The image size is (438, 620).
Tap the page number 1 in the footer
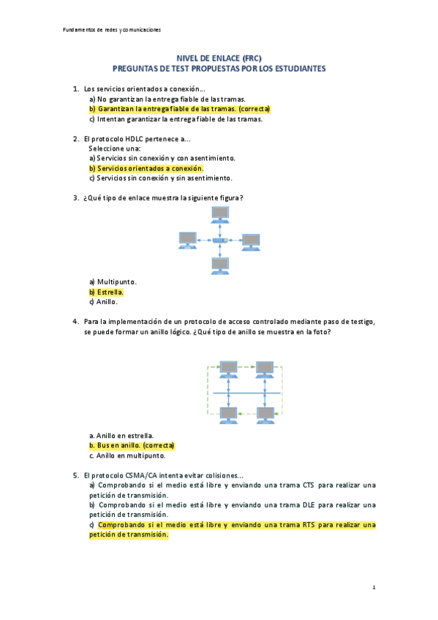(374, 587)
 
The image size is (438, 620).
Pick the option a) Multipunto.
(113, 281)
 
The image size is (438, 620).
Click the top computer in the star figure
(219, 213)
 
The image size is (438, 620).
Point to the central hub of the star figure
(219, 240)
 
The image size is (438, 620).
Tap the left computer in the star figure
(187, 239)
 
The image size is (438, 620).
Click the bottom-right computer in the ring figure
(265, 415)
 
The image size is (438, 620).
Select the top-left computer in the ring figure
(229, 367)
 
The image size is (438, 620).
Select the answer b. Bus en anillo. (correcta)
(133, 445)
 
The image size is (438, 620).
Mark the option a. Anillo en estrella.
(121, 435)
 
